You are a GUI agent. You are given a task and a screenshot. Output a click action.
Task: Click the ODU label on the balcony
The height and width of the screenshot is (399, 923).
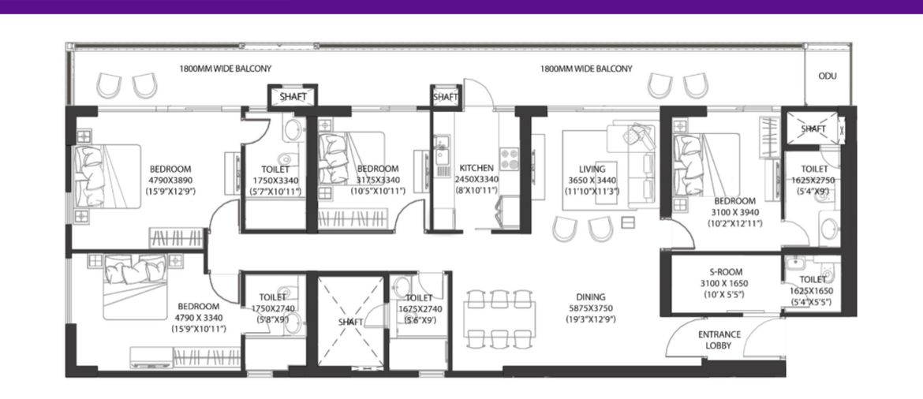pyautogui.click(x=827, y=76)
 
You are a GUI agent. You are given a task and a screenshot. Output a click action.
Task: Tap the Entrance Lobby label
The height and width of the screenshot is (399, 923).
pyautogui.click(x=719, y=340)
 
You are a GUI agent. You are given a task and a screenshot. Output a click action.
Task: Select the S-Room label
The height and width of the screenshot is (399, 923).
pyautogui.click(x=725, y=272)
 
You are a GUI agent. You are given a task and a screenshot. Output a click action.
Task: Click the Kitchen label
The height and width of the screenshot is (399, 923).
pyautogui.click(x=476, y=168)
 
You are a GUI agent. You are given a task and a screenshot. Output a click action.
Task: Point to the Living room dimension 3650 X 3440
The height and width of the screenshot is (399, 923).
pyautogui.click(x=592, y=180)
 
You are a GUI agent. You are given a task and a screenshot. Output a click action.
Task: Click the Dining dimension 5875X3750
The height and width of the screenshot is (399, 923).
pyautogui.click(x=592, y=308)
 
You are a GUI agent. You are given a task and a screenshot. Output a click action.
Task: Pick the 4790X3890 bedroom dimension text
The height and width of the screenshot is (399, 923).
pyautogui.click(x=170, y=180)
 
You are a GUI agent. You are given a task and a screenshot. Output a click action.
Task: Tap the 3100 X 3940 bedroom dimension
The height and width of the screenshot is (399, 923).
pyautogui.click(x=734, y=212)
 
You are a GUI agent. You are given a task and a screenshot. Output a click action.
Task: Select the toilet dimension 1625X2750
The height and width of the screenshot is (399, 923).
pyautogui.click(x=814, y=180)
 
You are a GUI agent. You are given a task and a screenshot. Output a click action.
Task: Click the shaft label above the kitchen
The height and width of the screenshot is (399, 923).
pyautogui.click(x=445, y=97)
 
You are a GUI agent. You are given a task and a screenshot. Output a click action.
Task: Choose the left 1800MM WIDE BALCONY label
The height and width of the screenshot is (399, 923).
pyautogui.click(x=226, y=69)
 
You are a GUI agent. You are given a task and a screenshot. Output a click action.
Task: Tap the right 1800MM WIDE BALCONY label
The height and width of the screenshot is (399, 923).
pyautogui.click(x=586, y=69)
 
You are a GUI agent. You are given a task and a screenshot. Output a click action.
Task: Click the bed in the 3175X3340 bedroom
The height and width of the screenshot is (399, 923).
pyautogui.click(x=351, y=159)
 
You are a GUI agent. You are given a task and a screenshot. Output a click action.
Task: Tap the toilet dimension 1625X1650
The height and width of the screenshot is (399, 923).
pyautogui.click(x=814, y=291)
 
